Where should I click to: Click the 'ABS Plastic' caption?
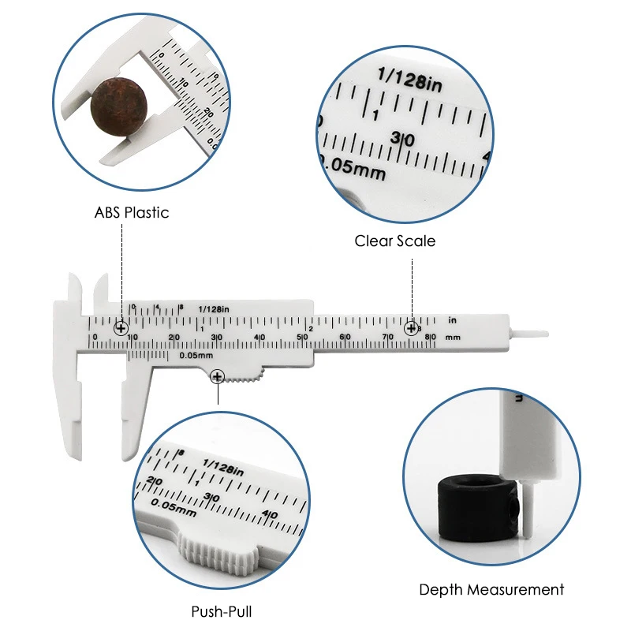(x=132, y=212)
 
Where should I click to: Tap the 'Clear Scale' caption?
(x=394, y=241)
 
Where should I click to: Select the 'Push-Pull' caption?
(x=222, y=610)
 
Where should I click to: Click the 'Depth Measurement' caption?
(x=491, y=589)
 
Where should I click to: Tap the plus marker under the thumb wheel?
(x=217, y=378)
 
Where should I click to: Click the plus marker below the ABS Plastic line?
(x=121, y=328)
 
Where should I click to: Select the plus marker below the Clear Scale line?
(x=411, y=328)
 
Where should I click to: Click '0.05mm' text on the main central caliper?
(x=195, y=355)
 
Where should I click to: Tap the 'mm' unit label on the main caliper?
(x=452, y=337)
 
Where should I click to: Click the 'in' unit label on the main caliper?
(x=452, y=320)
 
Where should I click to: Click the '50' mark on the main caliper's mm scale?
(x=303, y=338)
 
